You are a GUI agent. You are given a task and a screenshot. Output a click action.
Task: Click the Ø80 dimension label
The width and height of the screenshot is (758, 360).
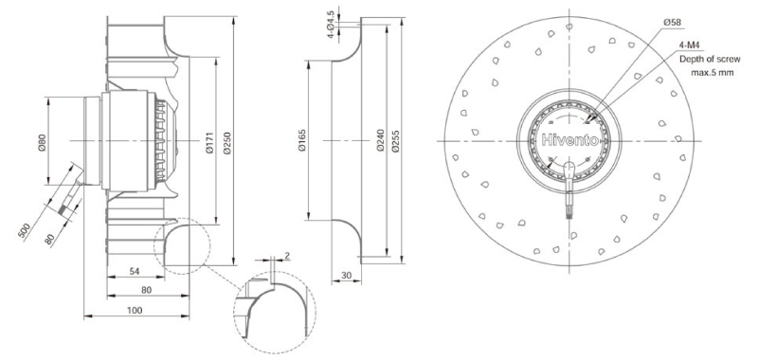tap(42, 141)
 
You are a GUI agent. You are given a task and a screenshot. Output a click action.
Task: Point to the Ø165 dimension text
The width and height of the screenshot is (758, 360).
tap(302, 141)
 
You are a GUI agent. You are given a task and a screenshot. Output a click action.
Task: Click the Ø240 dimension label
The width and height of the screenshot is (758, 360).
tap(380, 141)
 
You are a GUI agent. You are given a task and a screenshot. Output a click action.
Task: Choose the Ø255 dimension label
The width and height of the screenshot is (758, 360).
tap(395, 141)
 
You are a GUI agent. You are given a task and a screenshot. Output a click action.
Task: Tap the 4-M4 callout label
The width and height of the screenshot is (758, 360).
tap(690, 45)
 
